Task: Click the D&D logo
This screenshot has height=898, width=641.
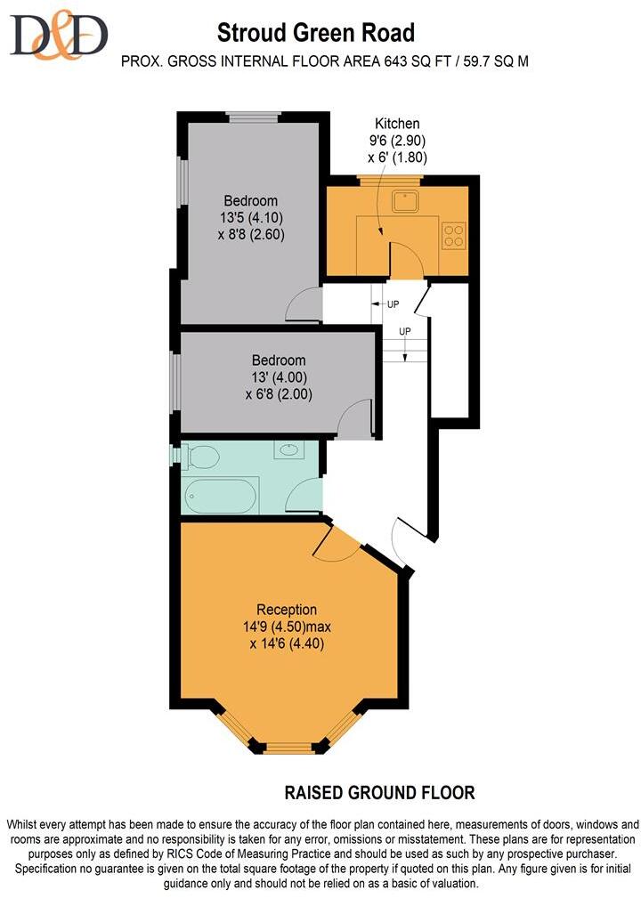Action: point(59,35)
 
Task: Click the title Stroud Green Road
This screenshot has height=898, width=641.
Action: point(317,34)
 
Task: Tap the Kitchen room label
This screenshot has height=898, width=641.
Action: point(397,123)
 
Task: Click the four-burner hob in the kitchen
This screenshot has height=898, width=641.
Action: point(454,233)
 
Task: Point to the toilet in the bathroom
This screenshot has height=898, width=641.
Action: point(203,456)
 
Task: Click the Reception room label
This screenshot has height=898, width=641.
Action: point(287,610)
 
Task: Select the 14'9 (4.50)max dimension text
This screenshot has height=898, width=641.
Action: point(287,627)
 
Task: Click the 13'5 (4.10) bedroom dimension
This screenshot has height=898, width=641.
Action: point(250,217)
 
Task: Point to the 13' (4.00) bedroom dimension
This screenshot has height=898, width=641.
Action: point(278,377)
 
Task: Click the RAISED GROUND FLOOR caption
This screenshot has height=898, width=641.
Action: point(379,791)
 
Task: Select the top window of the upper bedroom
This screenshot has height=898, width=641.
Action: point(254,116)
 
